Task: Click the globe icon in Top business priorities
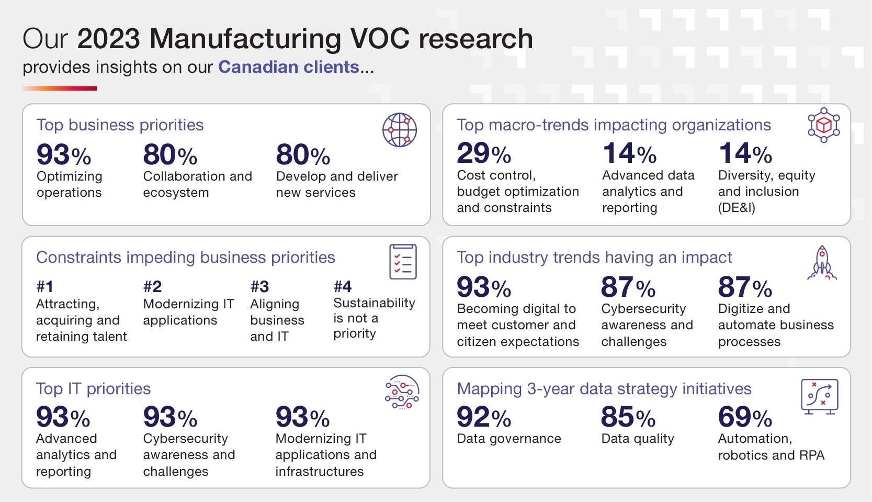click(x=400, y=130)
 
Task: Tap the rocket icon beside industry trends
click(x=822, y=263)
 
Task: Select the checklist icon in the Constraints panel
click(x=403, y=261)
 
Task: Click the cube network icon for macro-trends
click(x=823, y=125)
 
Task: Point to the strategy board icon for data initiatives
click(x=819, y=396)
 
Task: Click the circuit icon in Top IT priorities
click(x=402, y=392)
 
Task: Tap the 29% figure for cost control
click(x=483, y=153)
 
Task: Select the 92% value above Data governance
click(x=483, y=417)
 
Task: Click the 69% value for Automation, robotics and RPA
click(x=744, y=417)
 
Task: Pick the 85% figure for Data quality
click(x=628, y=417)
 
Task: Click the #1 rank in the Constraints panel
click(x=45, y=286)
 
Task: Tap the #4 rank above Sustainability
click(x=343, y=286)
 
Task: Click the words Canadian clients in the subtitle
click(x=288, y=67)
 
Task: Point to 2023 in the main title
click(x=109, y=39)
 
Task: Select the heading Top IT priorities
click(x=93, y=388)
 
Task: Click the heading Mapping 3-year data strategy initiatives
click(x=604, y=388)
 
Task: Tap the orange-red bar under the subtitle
click(x=60, y=88)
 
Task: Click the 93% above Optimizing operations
click(x=63, y=155)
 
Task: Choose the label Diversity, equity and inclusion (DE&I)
click(x=766, y=191)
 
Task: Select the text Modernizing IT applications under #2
click(x=188, y=312)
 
